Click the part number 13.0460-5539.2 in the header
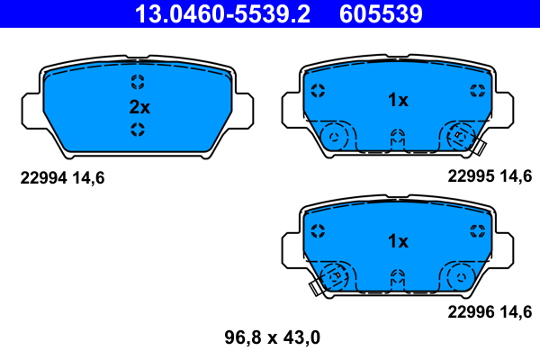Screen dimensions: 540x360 click(222, 13)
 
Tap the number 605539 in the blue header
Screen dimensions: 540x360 click(381, 13)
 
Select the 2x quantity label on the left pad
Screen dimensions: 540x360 click(139, 107)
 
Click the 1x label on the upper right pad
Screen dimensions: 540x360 click(398, 100)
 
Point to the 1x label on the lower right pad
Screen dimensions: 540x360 click(398, 241)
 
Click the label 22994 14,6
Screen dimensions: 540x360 click(62, 178)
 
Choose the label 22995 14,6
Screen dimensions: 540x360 click(490, 176)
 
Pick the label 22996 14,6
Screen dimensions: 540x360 click(490, 311)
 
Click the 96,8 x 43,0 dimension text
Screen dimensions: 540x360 click(273, 337)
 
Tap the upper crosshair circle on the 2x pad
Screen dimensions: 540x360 click(138, 82)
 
